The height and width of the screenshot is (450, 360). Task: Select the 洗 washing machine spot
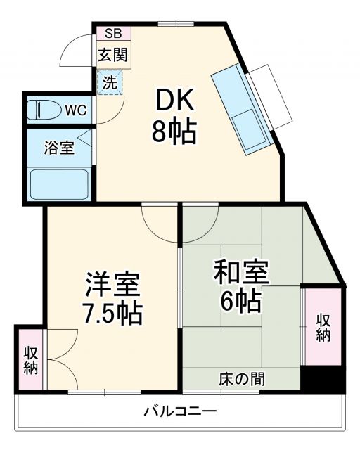click(x=110, y=82)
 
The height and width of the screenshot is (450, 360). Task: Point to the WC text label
click(x=76, y=110)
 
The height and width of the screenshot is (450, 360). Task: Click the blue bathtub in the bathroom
click(x=59, y=183)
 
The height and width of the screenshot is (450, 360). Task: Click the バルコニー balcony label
click(x=181, y=411)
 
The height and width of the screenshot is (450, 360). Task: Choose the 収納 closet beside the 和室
click(x=323, y=326)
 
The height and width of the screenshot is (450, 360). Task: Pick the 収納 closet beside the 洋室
click(x=31, y=360)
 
